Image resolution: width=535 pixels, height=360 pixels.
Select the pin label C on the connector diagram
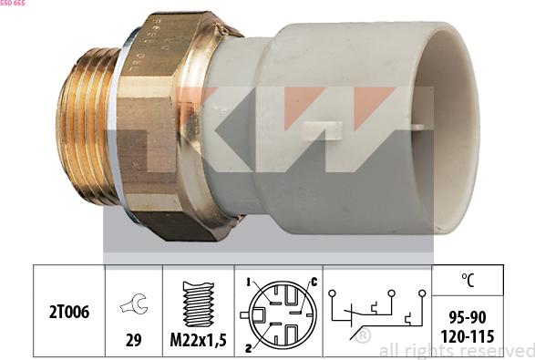tap(313, 281)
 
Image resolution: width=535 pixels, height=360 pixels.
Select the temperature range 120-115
tap(468, 336)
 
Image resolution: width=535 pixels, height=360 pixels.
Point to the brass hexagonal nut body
tap(164, 128)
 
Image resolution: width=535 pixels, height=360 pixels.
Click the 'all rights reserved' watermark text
tap(456, 350)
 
